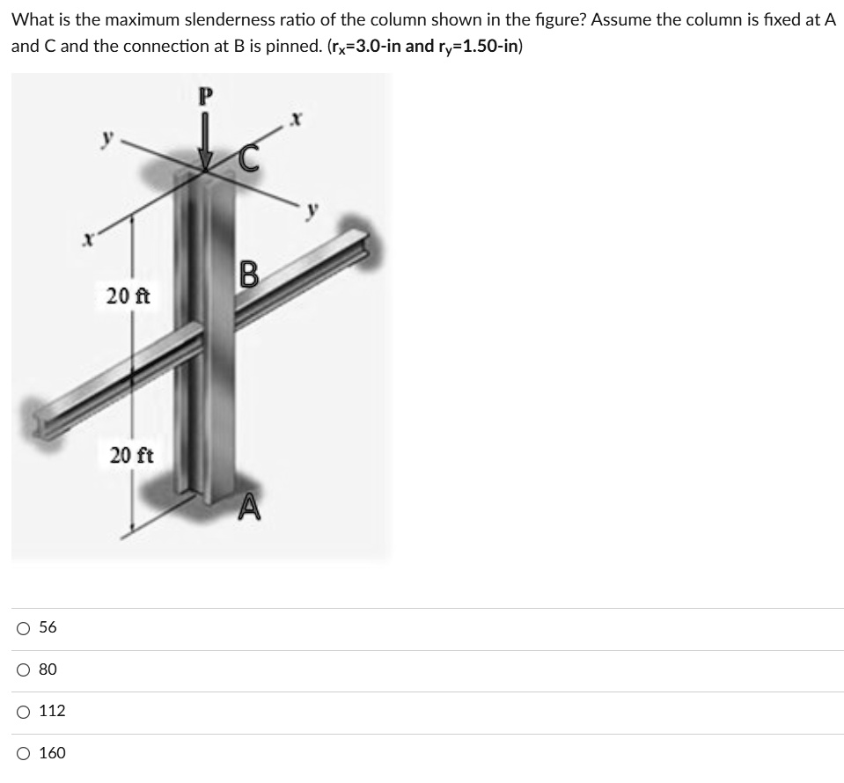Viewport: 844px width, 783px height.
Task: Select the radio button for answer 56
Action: [x=22, y=627]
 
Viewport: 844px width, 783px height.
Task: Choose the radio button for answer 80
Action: [x=22, y=670]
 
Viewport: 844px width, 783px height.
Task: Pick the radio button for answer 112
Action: [x=22, y=711]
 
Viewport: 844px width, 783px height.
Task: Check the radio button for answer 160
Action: [x=22, y=753]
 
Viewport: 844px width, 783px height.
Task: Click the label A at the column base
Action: [x=249, y=509]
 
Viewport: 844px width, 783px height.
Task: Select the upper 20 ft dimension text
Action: [x=128, y=296]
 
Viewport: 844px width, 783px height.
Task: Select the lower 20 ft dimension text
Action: [x=132, y=455]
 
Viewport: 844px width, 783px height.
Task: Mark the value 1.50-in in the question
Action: [x=487, y=46]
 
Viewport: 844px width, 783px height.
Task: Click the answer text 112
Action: [x=52, y=711]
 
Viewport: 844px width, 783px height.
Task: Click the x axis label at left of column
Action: [x=85, y=238]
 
